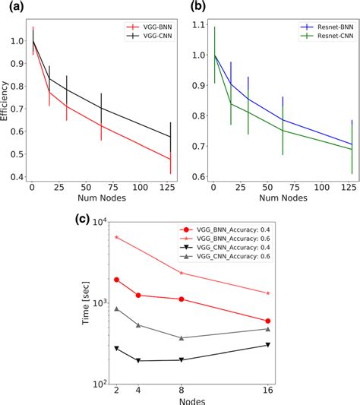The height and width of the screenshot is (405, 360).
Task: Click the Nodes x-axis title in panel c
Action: tap(191, 400)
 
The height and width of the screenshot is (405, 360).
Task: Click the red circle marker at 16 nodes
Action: tap(268, 321)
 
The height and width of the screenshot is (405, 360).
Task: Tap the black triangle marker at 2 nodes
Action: tap(116, 348)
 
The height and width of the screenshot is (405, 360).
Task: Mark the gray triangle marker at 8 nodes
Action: tap(181, 338)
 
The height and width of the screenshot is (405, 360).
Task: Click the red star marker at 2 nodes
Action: tap(116, 237)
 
